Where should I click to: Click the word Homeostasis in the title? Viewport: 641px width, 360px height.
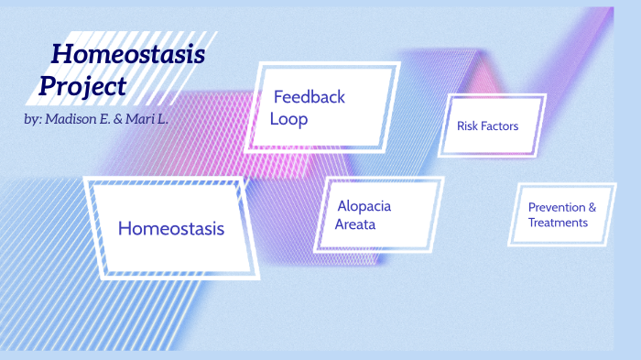click(x=127, y=55)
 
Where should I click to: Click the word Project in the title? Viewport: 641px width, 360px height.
click(x=82, y=87)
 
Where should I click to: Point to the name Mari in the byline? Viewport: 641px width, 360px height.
click(x=147, y=120)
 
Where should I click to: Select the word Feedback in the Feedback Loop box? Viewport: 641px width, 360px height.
click(x=310, y=97)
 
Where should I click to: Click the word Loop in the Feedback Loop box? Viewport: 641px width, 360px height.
click(x=288, y=119)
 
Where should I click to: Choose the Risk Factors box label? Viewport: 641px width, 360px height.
click(x=487, y=125)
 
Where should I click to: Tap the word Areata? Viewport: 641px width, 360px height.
click(x=355, y=224)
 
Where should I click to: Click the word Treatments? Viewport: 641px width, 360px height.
click(x=558, y=223)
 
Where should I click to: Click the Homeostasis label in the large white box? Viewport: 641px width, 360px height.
click(x=170, y=228)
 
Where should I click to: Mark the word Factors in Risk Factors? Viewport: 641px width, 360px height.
click(x=501, y=125)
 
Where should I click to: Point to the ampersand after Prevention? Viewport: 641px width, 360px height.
click(x=591, y=207)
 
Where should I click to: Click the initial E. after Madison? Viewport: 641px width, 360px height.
click(x=107, y=120)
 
